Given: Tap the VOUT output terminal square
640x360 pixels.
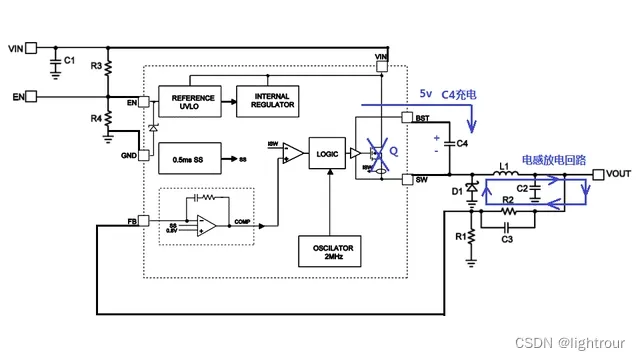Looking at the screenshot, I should tap(598, 175).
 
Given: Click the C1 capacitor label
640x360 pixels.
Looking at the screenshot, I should tap(69, 61).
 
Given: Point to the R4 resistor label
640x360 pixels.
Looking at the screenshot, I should tap(96, 118).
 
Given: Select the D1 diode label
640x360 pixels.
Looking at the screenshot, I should tap(456, 190).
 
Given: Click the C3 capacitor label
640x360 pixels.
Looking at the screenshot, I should tap(507, 239).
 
